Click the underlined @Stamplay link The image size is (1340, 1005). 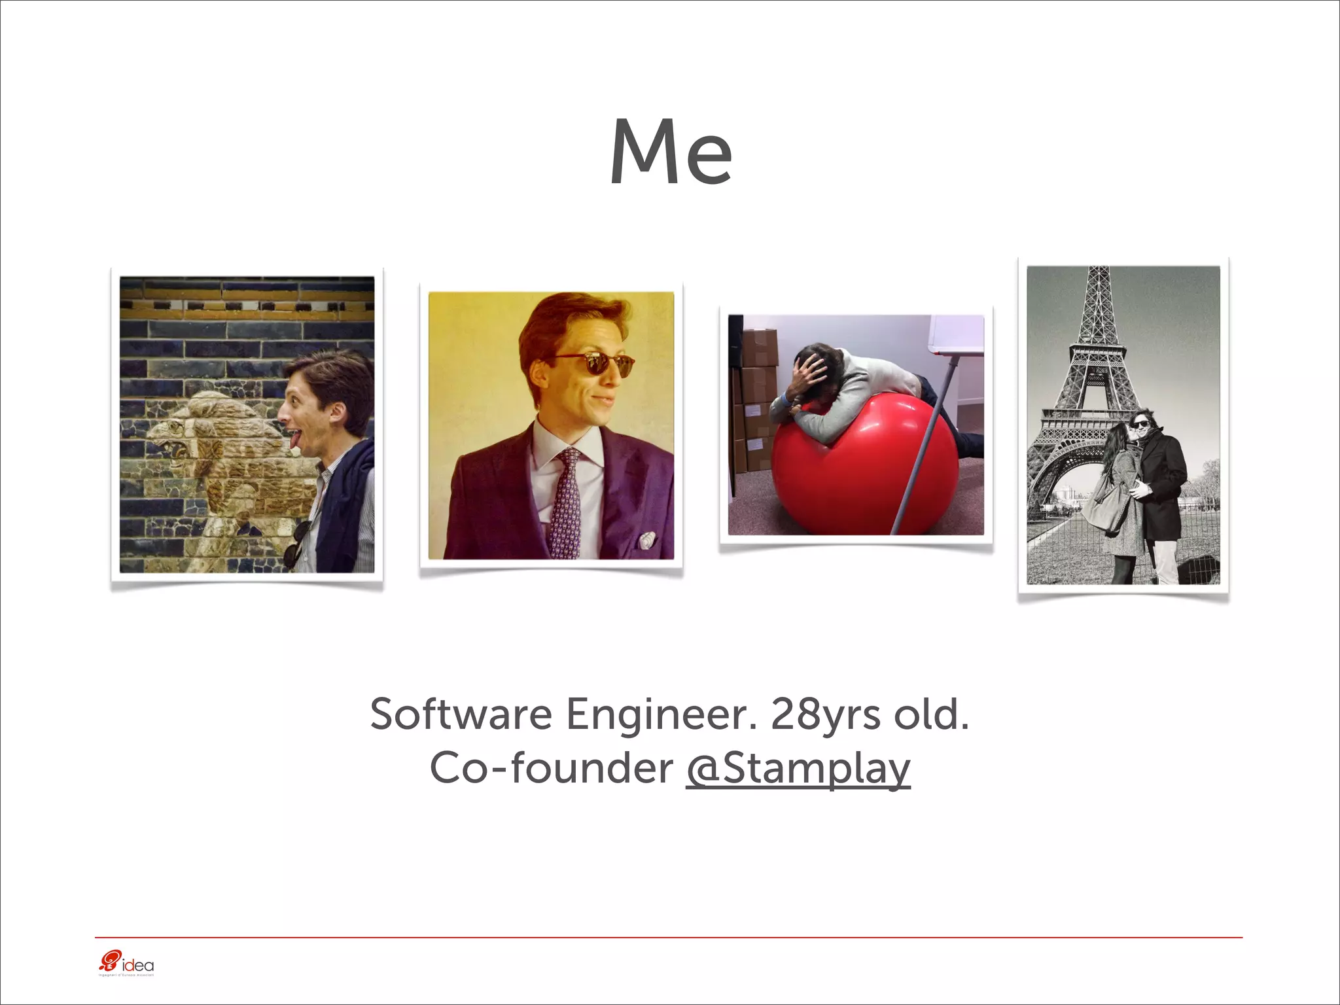pos(798,768)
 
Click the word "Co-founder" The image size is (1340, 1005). pos(551,768)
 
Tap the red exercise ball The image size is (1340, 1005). pos(864,471)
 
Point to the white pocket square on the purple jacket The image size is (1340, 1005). pos(646,540)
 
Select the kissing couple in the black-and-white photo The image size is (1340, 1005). pos(1135,484)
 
